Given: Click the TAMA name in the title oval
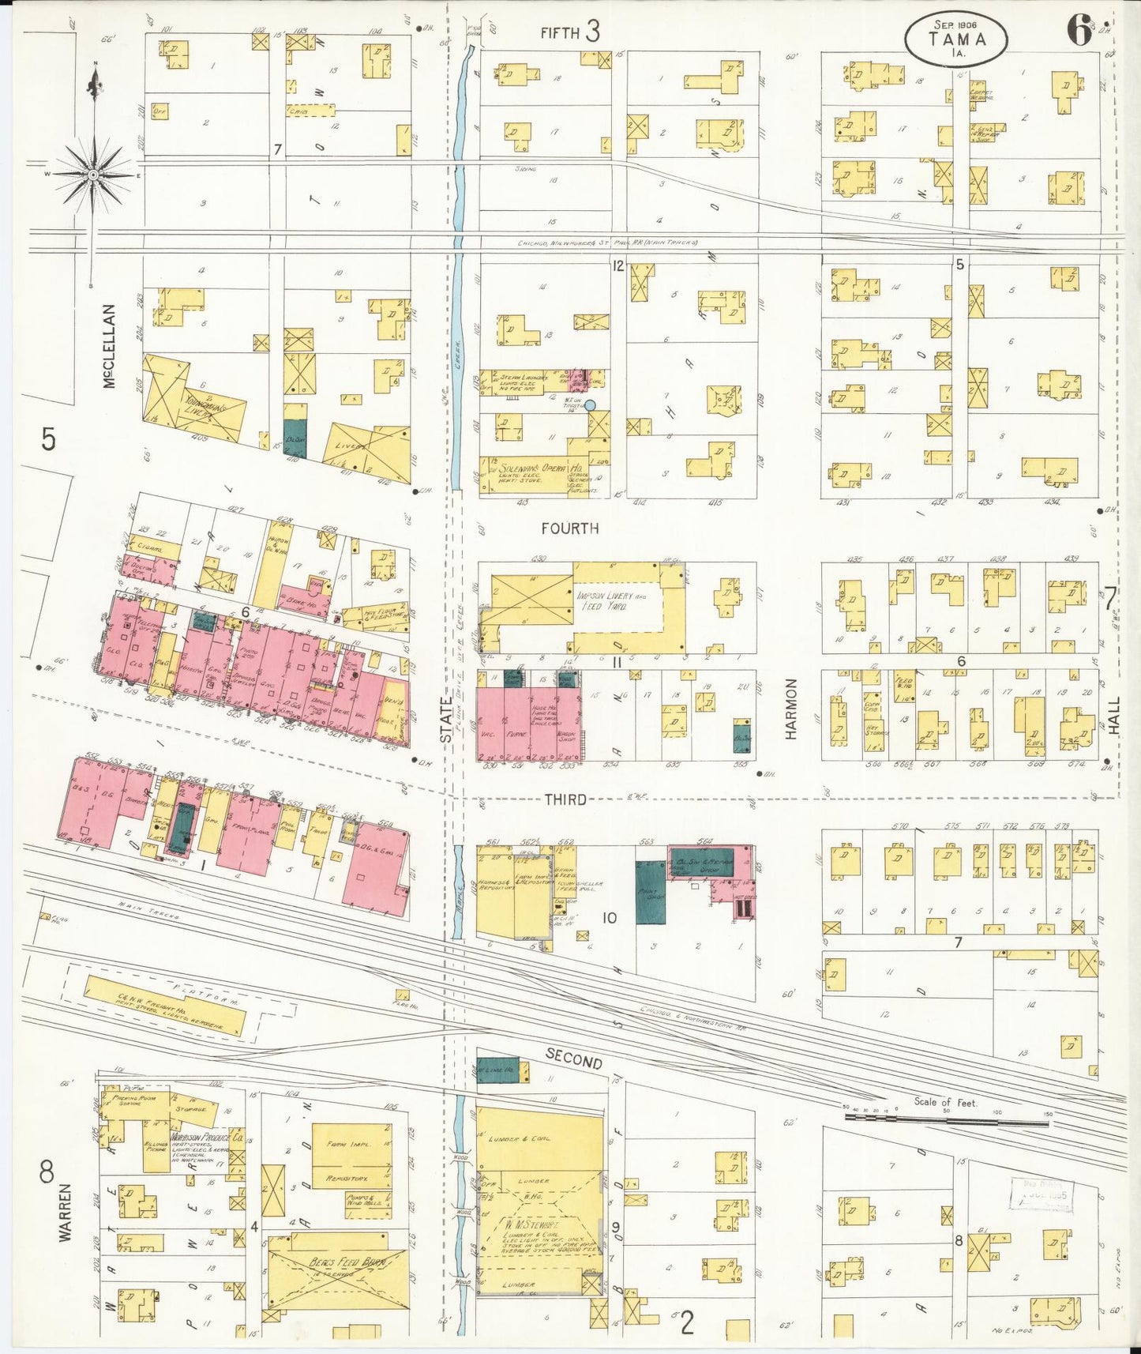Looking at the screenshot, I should tap(956, 39).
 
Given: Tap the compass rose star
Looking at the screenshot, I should tap(93, 175).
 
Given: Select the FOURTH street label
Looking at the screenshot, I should tap(570, 528).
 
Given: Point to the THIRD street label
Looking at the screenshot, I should tap(565, 799).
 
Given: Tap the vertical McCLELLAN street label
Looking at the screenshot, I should tap(109, 346).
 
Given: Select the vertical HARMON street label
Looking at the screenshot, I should tap(792, 709).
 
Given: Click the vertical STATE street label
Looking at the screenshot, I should tap(446, 723).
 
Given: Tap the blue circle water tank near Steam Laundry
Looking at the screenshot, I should tap(589, 405).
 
